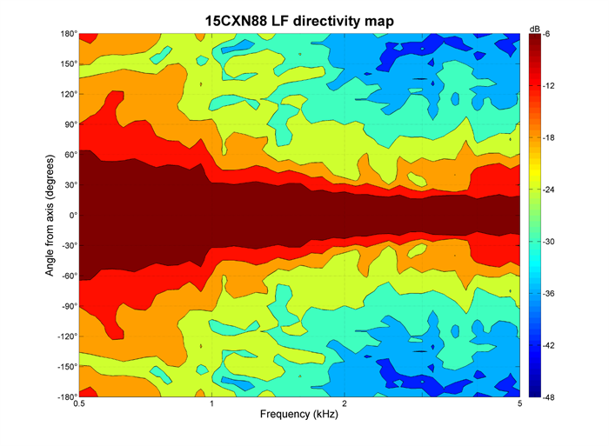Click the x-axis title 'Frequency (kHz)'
299,415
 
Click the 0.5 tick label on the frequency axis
79,404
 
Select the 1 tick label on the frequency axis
211,404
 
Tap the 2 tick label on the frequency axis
345,404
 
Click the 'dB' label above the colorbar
535,29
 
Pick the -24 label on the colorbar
552,190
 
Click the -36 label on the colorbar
552,293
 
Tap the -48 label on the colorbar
552,396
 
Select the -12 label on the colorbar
552,86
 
